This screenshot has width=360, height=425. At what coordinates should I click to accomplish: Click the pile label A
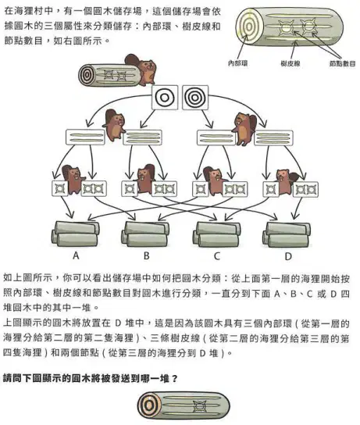click(x=76, y=255)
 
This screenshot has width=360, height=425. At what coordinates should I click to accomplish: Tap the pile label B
click(x=147, y=255)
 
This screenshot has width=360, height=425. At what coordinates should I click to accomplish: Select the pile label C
click(x=217, y=256)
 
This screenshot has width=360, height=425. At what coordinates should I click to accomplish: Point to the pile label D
click(x=288, y=256)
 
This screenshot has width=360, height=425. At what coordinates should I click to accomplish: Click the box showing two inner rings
click(x=165, y=98)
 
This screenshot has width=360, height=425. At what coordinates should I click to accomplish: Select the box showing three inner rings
click(x=195, y=98)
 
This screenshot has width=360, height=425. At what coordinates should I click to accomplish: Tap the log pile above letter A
click(x=76, y=234)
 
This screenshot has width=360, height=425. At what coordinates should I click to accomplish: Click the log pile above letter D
click(x=287, y=234)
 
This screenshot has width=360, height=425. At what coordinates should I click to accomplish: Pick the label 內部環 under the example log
click(x=238, y=63)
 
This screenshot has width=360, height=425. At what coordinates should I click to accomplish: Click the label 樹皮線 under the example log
click(x=290, y=64)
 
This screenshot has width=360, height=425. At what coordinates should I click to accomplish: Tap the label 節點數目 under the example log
click(x=342, y=64)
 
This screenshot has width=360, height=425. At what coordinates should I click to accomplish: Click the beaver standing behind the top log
click(x=142, y=69)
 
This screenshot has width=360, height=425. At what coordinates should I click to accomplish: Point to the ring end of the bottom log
click(x=148, y=405)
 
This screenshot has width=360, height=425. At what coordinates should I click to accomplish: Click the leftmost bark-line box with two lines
click(x=85, y=137)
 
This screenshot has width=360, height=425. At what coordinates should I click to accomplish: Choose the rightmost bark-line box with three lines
click(x=273, y=137)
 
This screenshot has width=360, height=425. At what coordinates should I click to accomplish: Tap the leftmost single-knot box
click(x=60, y=188)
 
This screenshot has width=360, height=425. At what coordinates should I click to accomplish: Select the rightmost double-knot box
click(x=305, y=189)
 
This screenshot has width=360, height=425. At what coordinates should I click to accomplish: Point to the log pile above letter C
click(x=217, y=234)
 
